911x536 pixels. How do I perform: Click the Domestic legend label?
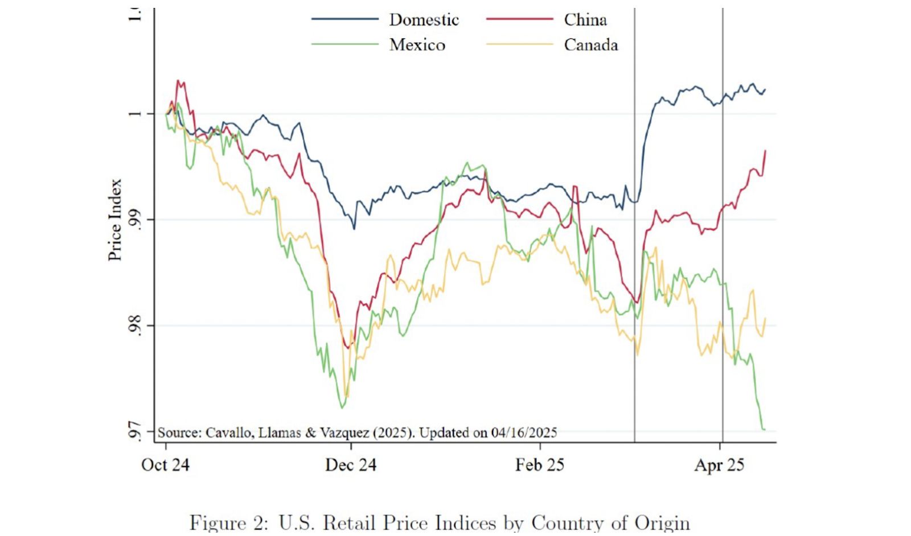[x=424, y=20]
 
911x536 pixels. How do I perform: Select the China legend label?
[x=585, y=20]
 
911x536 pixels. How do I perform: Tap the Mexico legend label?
[x=417, y=45]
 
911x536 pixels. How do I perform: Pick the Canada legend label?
[x=590, y=45]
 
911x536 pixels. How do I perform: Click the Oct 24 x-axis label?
[x=165, y=465]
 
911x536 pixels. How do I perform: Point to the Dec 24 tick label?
[x=351, y=465]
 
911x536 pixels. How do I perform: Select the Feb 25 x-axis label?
[x=539, y=465]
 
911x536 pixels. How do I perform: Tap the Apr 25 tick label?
[x=719, y=465]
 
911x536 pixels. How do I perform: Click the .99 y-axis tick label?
[x=134, y=220]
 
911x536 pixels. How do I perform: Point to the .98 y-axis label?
[x=134, y=325]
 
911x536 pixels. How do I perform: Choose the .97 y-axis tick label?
[x=134, y=431]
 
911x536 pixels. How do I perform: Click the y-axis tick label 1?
[x=134, y=113]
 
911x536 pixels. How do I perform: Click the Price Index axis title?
[x=116, y=220]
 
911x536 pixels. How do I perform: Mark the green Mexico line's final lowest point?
[x=763, y=429]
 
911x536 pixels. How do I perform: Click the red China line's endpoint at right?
[x=765, y=151]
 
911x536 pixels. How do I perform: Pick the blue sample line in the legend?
[x=344, y=19]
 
